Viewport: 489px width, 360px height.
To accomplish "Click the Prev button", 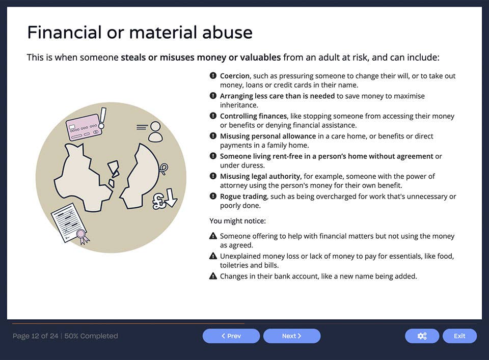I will tap(231, 336).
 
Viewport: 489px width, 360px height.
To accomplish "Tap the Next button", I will tap(292, 336).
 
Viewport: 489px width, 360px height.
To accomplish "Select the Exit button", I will tap(459, 336).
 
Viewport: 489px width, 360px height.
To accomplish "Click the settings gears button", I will tap(422, 336).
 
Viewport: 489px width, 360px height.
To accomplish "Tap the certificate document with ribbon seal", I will tap(70, 223).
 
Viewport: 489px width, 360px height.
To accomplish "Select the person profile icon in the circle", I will tap(155, 131).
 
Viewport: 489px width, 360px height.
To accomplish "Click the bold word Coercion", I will tap(235, 76).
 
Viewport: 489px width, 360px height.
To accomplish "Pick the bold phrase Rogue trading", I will tap(243, 197).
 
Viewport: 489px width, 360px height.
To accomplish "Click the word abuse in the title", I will tap(228, 33).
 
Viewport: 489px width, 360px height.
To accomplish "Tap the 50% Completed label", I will tap(91, 336).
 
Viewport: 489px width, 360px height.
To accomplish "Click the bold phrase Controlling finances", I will tap(253, 116).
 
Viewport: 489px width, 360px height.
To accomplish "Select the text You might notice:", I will tap(237, 221).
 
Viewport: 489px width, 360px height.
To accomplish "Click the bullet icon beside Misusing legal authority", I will tap(213, 176).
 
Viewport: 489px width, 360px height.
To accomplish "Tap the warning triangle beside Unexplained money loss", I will tap(213, 256).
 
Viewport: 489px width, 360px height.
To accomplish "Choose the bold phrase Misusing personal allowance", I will tap(267, 136).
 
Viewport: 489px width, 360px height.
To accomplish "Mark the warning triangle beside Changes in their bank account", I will tap(213, 276).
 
